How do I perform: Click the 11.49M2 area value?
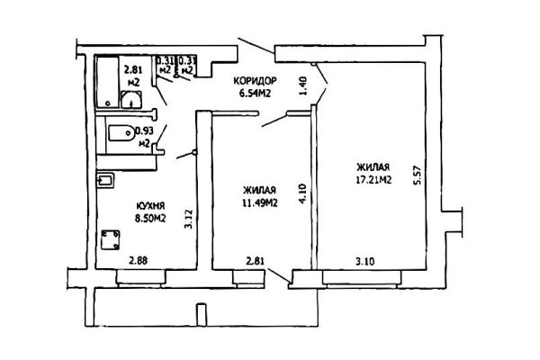(258, 202)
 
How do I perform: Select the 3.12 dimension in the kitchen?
(186, 220)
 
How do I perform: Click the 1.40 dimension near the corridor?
(302, 83)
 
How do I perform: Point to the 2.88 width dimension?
(138, 262)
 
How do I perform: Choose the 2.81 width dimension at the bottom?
(256, 262)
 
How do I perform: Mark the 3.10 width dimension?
(363, 262)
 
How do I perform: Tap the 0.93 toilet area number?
(142, 130)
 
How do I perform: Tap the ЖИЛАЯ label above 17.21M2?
(372, 166)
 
